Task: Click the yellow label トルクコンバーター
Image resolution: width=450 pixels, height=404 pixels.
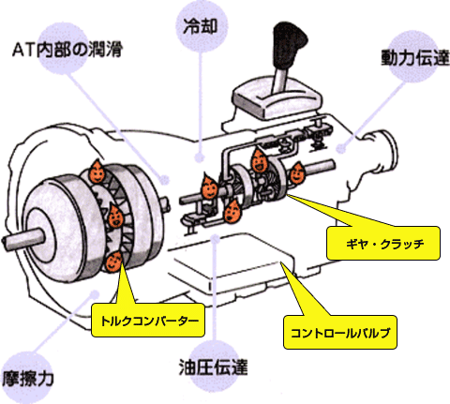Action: tap(148, 321)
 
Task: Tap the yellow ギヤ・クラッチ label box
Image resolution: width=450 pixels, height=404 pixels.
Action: tap(383, 244)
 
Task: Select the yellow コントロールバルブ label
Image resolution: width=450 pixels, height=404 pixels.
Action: tap(340, 332)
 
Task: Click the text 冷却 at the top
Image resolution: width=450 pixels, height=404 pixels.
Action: tap(200, 26)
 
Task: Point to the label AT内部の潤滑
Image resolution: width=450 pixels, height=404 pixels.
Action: tap(67, 50)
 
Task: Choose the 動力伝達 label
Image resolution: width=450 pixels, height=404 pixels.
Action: tap(415, 57)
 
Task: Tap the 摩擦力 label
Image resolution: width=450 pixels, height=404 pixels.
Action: tap(28, 378)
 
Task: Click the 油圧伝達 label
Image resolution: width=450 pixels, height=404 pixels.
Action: tap(213, 367)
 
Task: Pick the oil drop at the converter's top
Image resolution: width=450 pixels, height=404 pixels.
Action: tap(97, 172)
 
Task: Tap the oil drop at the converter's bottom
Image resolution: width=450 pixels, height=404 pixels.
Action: tap(113, 262)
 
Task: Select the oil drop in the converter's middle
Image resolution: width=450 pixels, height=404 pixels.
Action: tap(115, 217)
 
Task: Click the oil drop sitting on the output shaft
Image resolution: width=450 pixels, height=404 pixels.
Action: tap(297, 172)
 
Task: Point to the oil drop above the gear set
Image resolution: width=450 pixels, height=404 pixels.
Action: tap(259, 160)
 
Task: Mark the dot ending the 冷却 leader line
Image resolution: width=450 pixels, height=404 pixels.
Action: tap(200, 157)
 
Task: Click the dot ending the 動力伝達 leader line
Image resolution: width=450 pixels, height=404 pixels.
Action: tap(342, 149)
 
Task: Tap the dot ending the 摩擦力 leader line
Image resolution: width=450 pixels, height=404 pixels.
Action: tap(95, 294)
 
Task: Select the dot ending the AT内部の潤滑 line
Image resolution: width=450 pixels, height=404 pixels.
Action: tap(164, 180)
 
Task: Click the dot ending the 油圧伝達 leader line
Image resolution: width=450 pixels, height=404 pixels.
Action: tap(215, 239)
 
